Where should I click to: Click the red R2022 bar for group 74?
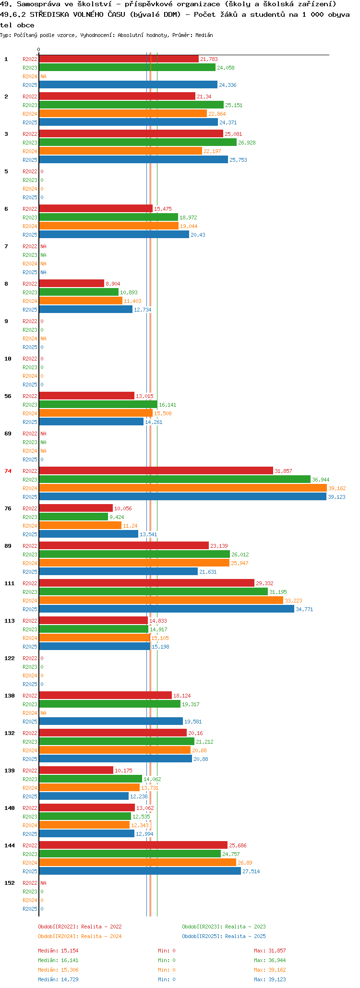pos(156,470)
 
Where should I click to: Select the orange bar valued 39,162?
pos(183,488)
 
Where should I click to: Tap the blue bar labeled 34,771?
pos(167,609)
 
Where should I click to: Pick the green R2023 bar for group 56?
pos(98,404)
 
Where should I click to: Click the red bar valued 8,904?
pos(72,283)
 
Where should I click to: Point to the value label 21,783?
pos(209,59)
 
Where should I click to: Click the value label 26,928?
pos(247,143)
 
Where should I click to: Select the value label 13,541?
pos(148,534)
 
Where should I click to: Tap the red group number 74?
pos(8,471)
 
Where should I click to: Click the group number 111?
pos(9,583)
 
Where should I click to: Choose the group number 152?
pos(9,883)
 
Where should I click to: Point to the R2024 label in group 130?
pos(30,713)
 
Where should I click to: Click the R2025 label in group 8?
pos(30,310)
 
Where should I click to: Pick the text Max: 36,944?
pos(270,960)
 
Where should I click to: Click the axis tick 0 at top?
pos(39,49)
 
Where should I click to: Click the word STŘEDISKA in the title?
pos(49,14)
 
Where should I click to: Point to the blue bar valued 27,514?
pos(140,871)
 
